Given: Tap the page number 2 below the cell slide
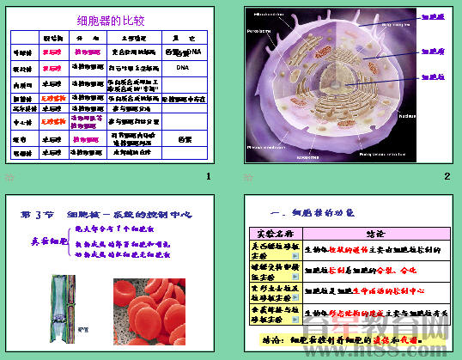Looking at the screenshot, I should tap(447, 176).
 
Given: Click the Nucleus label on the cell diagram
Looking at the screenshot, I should tap(407, 114).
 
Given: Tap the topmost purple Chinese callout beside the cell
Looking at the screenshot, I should tap(432, 16).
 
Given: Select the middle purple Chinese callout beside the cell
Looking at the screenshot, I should tap(432, 51).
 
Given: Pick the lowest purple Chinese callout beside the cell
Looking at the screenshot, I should tap(432, 76).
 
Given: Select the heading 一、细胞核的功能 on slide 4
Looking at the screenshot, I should tap(313, 212).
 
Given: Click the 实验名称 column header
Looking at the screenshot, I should tap(276, 234).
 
